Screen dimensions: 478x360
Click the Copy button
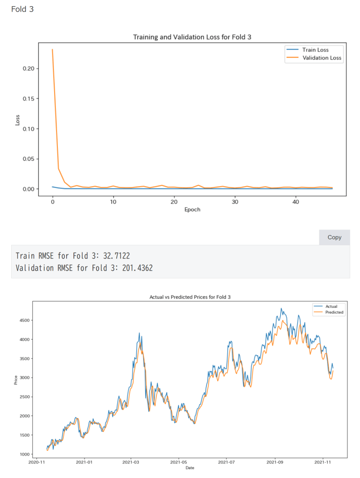pos(334,237)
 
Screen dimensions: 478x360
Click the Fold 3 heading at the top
pos(22,9)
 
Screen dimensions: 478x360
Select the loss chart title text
pos(192,37)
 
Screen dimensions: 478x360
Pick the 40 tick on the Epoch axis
pos(296,201)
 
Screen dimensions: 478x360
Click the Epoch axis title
pos(192,209)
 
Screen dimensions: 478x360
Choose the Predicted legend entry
pos(334,312)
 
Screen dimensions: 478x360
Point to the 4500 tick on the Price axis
pos(26,320)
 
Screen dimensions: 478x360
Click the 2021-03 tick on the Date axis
pos(131,462)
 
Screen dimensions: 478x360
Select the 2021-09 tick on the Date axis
pos(275,462)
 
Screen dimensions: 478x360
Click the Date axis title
pos(190,468)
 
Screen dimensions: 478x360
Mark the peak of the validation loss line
pos(52,49)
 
